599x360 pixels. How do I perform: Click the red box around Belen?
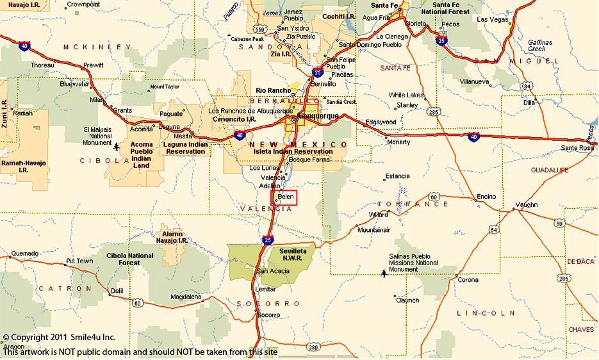click(x=285, y=197)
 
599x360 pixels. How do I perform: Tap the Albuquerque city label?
click(x=318, y=116)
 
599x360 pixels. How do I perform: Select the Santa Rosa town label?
click(x=576, y=149)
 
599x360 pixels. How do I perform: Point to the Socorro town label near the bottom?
click(x=268, y=315)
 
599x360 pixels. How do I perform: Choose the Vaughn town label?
click(x=527, y=204)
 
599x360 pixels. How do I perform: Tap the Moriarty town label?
click(x=398, y=142)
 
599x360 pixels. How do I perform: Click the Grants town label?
click(x=122, y=110)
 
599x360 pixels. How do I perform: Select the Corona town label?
click(x=468, y=280)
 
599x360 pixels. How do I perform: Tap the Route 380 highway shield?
click(x=313, y=347)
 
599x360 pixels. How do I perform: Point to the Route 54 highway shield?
click(x=493, y=230)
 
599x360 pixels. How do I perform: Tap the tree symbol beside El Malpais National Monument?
click(x=117, y=147)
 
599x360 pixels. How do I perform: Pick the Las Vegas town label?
click(x=491, y=20)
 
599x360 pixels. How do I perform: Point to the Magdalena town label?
click(x=186, y=297)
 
